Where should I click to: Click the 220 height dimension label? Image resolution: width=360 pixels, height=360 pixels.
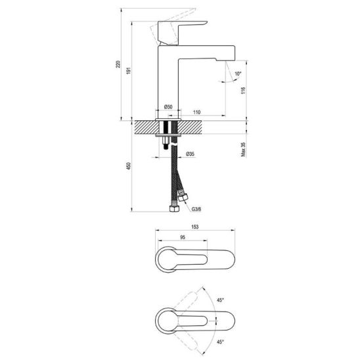point(118,64)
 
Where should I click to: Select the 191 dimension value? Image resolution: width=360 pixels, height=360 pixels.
point(129,70)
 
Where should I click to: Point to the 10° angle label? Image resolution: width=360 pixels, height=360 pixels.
point(238,74)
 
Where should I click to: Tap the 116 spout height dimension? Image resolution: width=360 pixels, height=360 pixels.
point(243,91)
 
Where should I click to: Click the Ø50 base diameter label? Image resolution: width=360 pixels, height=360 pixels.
point(168,107)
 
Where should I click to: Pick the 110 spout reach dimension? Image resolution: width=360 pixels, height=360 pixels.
point(197,112)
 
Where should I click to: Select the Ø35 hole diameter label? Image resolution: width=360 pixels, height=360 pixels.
point(190,154)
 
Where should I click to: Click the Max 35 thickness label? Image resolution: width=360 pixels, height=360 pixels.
point(243,150)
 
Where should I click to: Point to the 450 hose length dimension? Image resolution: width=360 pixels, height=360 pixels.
point(129,166)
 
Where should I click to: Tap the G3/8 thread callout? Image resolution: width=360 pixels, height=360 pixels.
point(196,209)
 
